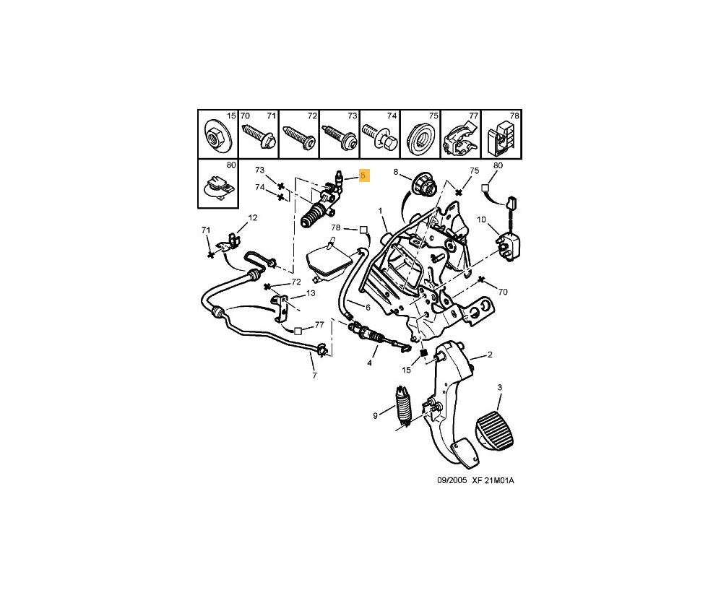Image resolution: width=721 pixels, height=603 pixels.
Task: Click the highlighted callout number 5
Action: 364,175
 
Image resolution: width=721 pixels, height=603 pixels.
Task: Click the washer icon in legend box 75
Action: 418,136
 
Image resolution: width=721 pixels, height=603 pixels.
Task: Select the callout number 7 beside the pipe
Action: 314,376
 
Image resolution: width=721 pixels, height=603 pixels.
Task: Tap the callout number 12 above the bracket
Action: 253,217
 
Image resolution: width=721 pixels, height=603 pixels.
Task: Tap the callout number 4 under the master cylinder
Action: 369,363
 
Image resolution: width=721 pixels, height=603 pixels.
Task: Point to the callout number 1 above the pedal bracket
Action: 379,211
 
